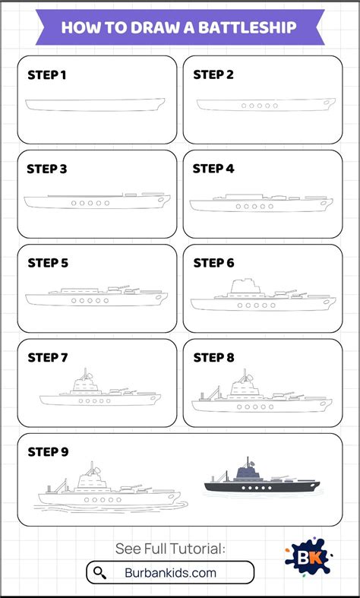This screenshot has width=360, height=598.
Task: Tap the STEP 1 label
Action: coord(47,75)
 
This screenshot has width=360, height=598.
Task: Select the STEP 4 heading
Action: coord(213,169)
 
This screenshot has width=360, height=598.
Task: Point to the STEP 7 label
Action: coord(47,358)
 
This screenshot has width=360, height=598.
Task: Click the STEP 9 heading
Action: coord(48,452)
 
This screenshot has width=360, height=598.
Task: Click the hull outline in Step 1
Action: coord(96,111)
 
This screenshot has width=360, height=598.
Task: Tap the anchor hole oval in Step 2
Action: coord(327,103)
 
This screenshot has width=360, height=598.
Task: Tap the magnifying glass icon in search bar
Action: coord(100,572)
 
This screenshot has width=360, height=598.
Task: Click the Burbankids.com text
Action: coord(170,572)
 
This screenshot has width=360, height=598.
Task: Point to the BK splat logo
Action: coord(308,556)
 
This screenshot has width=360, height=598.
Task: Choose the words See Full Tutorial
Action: coord(170,549)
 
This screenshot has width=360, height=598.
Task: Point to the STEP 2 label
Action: coord(213,75)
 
